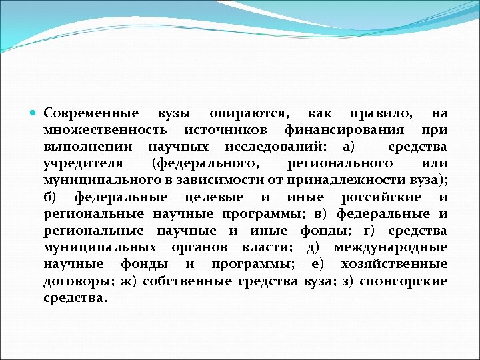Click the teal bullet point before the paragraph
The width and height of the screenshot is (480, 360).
click(x=34, y=113)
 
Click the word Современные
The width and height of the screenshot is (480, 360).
click(x=91, y=113)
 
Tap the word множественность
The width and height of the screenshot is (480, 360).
click(x=105, y=130)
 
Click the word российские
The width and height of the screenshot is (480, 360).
click(x=381, y=197)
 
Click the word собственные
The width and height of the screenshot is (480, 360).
click(x=187, y=281)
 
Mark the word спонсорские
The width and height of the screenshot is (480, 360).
click(x=403, y=281)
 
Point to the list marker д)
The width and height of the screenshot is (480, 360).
click(x=313, y=247)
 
